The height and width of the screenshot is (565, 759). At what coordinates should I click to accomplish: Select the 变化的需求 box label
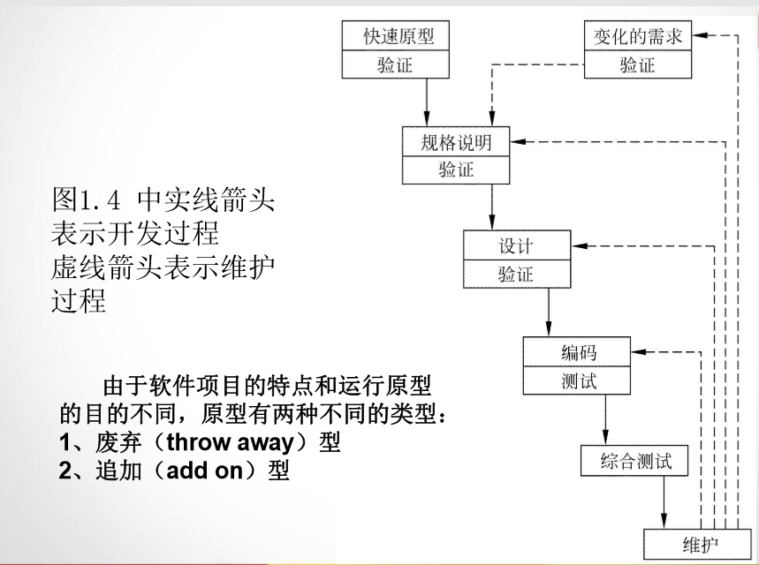[637, 36]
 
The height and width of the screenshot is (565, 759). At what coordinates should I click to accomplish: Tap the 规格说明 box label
[456, 141]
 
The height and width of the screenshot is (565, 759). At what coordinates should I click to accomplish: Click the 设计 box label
[516, 245]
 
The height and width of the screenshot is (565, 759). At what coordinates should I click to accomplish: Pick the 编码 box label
[578, 352]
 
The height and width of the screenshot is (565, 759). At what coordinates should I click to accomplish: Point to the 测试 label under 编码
[578, 380]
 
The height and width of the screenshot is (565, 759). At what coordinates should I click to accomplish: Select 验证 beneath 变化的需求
[637, 64]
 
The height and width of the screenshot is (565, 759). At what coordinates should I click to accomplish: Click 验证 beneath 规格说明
[456, 169]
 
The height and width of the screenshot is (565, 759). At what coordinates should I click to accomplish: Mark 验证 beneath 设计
[516, 274]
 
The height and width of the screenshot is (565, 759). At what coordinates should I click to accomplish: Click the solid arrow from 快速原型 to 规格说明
[426, 102]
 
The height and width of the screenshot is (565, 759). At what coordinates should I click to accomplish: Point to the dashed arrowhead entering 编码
[640, 352]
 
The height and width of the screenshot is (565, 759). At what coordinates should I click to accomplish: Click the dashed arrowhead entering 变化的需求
[700, 36]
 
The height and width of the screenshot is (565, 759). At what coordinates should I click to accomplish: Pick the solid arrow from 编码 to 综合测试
[606, 421]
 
